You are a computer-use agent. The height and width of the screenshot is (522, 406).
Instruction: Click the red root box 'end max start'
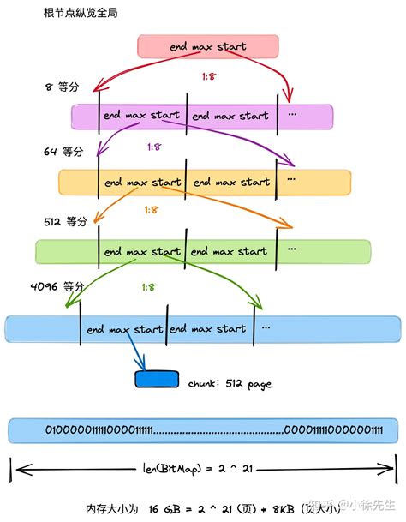click(208, 46)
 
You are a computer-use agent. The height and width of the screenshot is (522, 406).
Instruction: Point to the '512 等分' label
click(65, 220)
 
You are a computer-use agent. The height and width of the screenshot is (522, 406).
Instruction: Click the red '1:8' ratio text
click(209, 77)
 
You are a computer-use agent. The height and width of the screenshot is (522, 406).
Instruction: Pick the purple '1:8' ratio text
click(154, 147)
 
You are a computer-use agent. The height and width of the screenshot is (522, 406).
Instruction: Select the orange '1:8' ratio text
click(151, 209)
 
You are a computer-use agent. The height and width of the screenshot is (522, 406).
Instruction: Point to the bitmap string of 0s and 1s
click(202, 429)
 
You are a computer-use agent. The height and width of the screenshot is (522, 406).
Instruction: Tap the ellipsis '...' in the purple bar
click(292, 114)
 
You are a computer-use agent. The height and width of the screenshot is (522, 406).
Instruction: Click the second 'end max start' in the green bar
click(228, 252)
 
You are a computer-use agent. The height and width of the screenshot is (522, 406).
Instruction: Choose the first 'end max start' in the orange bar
click(142, 182)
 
